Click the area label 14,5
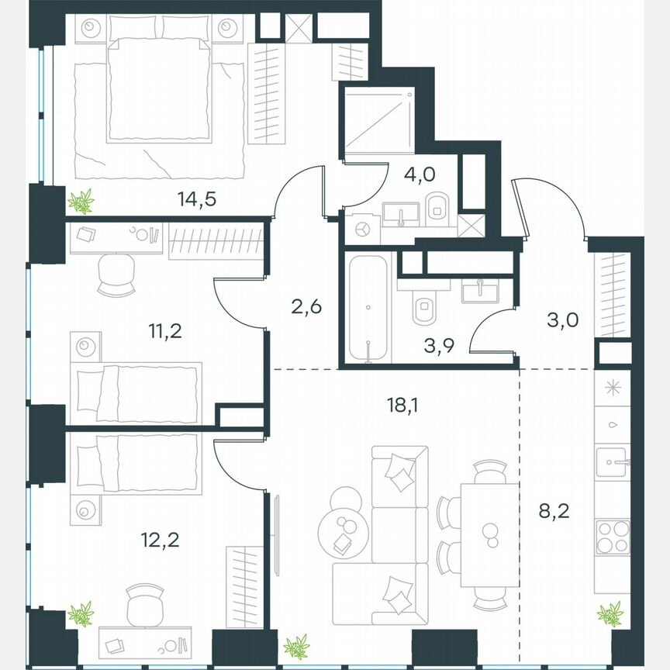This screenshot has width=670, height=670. click(195, 198)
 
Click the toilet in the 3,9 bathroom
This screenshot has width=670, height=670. click(423, 308)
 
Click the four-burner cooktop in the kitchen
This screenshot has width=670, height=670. click(613, 537)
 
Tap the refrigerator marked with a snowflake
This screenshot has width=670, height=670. click(613, 389)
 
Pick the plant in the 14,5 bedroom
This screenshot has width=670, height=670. click(81, 202)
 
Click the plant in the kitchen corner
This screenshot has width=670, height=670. click(610, 614)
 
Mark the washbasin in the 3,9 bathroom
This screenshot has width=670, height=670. click(481, 291)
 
